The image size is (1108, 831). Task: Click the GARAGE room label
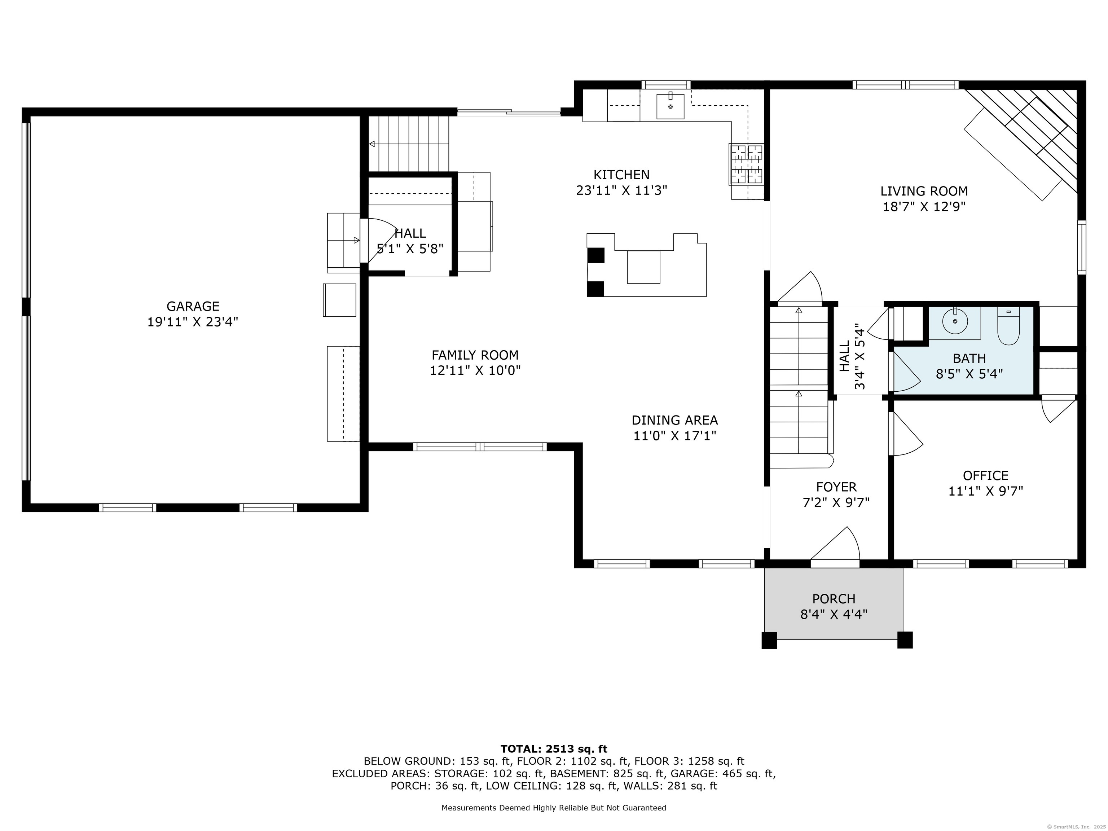coord(193,306)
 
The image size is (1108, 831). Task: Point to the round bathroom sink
coord(955,321)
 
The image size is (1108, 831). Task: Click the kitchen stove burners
coord(746,164)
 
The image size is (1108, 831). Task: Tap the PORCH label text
coord(834,599)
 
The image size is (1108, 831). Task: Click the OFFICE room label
coord(986,475)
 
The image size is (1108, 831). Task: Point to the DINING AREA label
coord(675,420)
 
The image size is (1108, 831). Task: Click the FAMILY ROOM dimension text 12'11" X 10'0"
coord(475,371)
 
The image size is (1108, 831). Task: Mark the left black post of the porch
coord(769,640)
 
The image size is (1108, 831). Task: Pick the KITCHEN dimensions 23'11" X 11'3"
coord(621,190)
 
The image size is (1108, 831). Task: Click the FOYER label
coord(836,487)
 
